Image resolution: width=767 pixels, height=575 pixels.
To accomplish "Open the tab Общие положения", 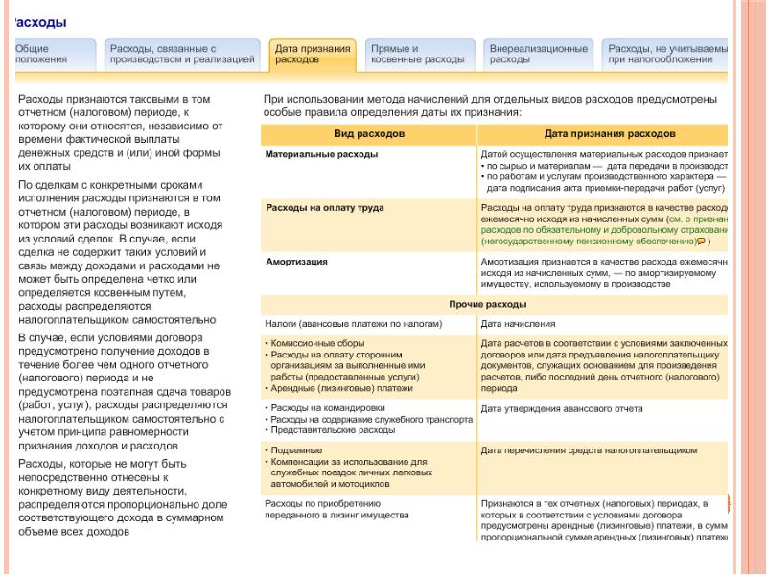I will [x=41, y=54].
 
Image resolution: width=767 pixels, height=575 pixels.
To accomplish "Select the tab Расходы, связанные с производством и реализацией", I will [x=181, y=54].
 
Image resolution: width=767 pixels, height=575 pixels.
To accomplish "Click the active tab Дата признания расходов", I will [x=313, y=54].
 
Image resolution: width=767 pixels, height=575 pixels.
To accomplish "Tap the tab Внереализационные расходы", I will [x=538, y=54].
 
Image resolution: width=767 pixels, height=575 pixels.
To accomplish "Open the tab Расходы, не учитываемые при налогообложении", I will [x=667, y=54].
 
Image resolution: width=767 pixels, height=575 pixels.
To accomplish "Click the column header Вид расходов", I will [x=369, y=133].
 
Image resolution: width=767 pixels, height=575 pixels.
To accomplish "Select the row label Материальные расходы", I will [x=321, y=154].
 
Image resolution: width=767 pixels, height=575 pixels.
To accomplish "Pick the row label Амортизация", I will [x=296, y=261].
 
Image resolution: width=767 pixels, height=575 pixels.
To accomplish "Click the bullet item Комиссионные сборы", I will [x=317, y=343].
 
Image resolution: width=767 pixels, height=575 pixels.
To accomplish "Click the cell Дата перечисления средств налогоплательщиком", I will [x=588, y=450].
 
